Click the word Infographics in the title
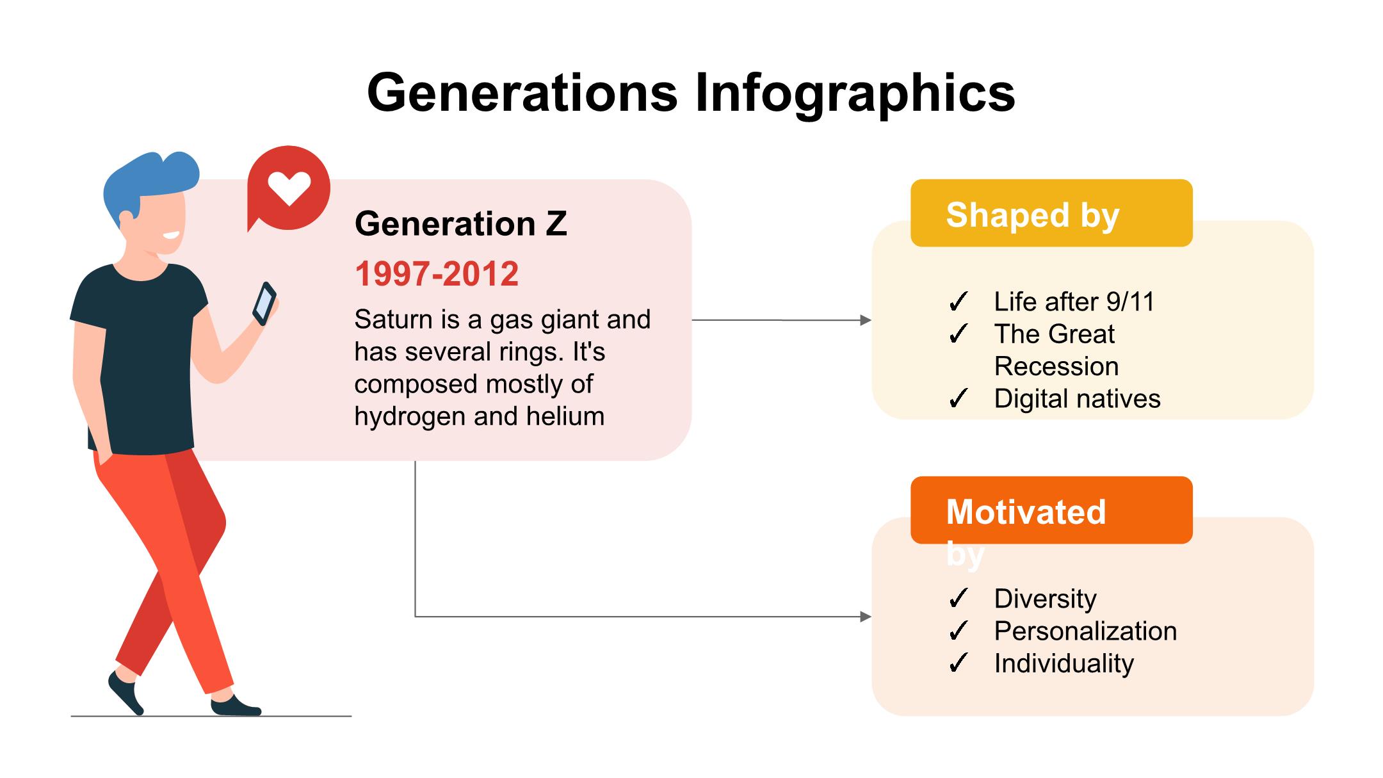[855, 93]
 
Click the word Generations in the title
[522, 92]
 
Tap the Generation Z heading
[461, 223]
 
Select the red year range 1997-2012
[437, 274]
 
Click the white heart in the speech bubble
[289, 188]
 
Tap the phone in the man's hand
[264, 304]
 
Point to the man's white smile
[171, 234]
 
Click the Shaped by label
[1033, 215]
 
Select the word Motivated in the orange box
[1026, 512]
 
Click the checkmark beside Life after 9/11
[958, 302]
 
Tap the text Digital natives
[1077, 399]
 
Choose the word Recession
[1056, 366]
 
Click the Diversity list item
[1045, 599]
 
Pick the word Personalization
[1085, 631]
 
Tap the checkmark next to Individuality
[958, 663]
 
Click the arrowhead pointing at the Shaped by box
[866, 320]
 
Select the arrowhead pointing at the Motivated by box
[866, 617]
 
